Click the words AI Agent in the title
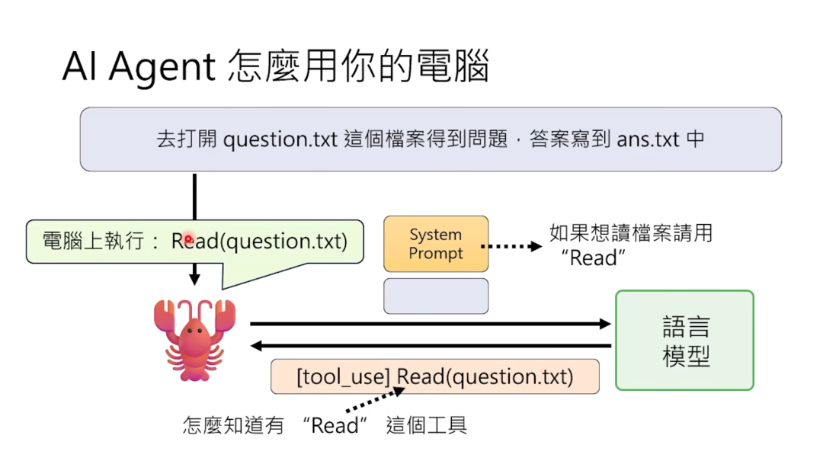coord(139,67)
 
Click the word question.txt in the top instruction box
coord(280,140)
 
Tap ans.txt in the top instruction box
coord(647,140)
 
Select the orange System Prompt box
coord(435,244)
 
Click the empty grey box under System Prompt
coord(435,296)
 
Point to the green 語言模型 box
coord(684,341)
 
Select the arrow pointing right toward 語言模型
coord(431,324)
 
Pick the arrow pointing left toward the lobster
coord(431,346)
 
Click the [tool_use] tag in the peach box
coord(343,376)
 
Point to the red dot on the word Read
coord(187,239)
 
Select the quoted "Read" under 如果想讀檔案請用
coord(592,258)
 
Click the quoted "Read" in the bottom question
coord(335,425)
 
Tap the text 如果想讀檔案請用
coord(631,232)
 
